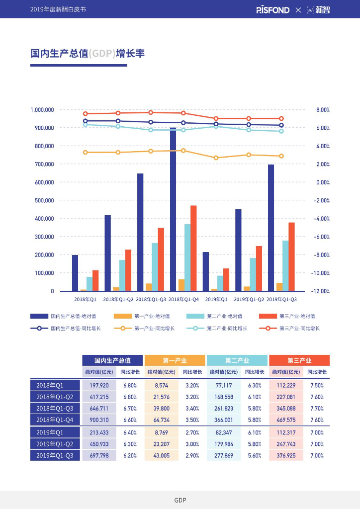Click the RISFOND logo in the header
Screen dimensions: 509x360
pos(272,9)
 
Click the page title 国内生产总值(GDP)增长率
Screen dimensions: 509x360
pos(88,53)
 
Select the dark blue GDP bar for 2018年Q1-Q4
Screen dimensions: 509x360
pos(173,209)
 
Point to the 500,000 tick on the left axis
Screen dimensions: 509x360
pos(42,200)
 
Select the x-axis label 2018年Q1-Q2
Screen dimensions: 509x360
pos(118,299)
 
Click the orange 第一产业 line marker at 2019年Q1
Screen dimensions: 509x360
pos(216,158)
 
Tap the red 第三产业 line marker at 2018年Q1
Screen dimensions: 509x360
pos(85,114)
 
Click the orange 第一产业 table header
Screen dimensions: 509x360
pos(175,360)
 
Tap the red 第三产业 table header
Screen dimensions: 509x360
pos(299,360)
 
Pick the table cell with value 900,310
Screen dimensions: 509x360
pos(99,420)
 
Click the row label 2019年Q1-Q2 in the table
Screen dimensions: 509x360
pos(55,444)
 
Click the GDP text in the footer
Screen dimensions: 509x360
pos(180,500)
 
